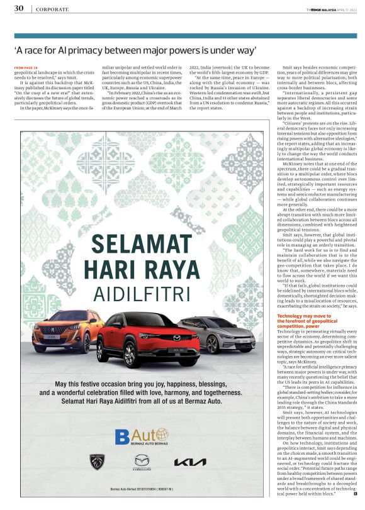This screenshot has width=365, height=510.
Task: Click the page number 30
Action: (x=19, y=8)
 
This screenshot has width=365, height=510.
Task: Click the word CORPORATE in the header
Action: (x=52, y=9)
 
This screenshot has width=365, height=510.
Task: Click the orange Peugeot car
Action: (x=60, y=332)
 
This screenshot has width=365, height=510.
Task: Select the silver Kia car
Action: (x=217, y=334)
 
